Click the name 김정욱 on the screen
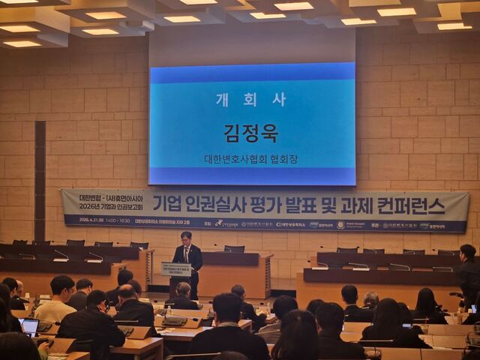[250, 133]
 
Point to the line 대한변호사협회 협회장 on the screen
[250, 160]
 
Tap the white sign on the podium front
[175, 269]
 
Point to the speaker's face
[186, 238]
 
